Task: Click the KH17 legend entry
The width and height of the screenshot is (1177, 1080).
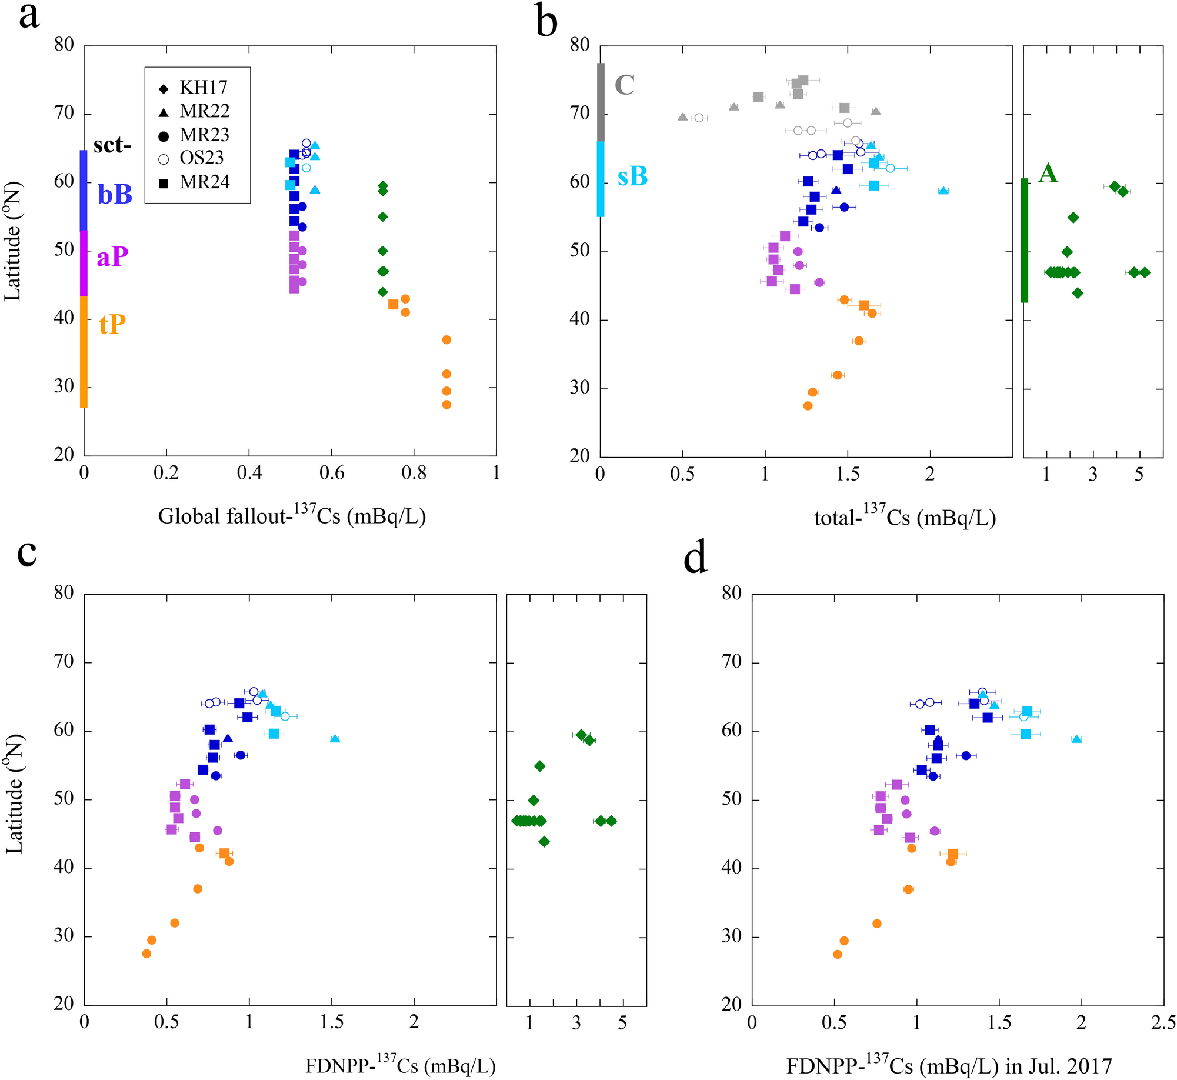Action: point(194,88)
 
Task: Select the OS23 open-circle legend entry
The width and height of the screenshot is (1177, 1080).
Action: point(194,158)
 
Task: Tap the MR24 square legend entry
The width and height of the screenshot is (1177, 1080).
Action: point(194,182)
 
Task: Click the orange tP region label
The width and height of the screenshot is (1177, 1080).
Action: point(112,324)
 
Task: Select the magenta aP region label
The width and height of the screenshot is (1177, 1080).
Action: point(112,256)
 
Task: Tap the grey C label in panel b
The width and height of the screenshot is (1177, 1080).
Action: point(624,85)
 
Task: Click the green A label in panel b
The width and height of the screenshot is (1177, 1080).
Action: point(1048,173)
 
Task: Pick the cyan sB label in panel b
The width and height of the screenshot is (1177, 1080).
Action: point(632,176)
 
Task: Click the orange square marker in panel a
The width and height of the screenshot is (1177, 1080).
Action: point(393,304)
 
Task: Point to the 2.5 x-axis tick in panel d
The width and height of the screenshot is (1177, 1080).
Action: point(1163,1023)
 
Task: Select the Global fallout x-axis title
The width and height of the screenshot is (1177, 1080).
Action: point(292,515)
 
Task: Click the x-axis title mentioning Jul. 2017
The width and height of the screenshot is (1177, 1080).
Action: point(949,1065)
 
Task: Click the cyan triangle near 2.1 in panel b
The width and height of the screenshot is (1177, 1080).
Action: point(943,191)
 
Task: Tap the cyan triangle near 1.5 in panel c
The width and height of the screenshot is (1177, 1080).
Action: point(335,739)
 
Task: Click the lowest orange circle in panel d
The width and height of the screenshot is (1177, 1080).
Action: point(838,954)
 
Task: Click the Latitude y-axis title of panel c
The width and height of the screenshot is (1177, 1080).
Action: point(14,794)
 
